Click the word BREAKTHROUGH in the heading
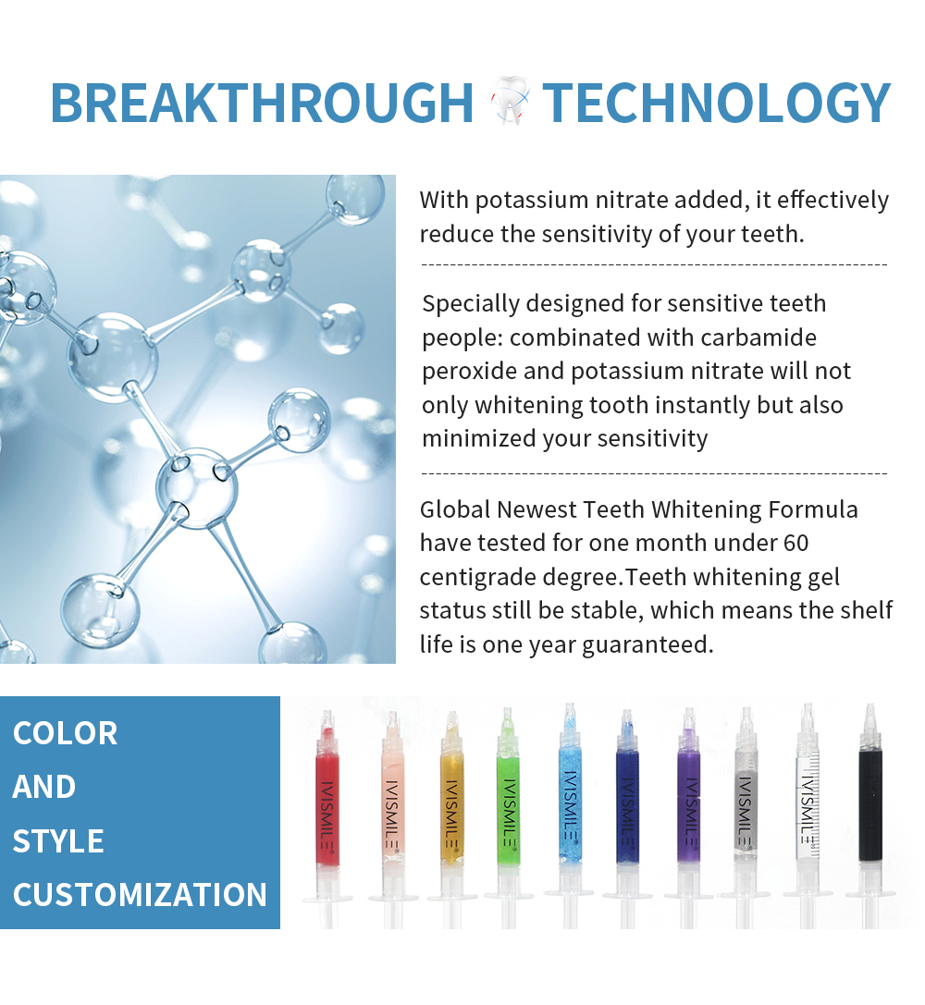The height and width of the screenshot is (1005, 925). [262, 103]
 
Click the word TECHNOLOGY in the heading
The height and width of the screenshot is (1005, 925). [717, 103]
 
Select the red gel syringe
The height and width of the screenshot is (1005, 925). [327, 818]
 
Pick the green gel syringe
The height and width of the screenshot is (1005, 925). [509, 817]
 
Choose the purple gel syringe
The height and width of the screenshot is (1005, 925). [688, 817]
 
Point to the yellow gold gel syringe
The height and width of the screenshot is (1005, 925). [452, 818]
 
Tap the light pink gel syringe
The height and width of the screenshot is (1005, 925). [393, 818]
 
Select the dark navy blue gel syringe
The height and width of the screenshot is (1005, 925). [627, 817]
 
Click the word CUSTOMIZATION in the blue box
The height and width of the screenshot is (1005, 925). [140, 895]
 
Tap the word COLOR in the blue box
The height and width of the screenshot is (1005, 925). [66, 733]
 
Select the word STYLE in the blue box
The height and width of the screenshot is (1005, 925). [58, 841]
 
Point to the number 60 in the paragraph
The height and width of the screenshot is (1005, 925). [795, 543]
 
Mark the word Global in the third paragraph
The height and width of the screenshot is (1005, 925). [454, 509]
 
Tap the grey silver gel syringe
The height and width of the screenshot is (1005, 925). [746, 817]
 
